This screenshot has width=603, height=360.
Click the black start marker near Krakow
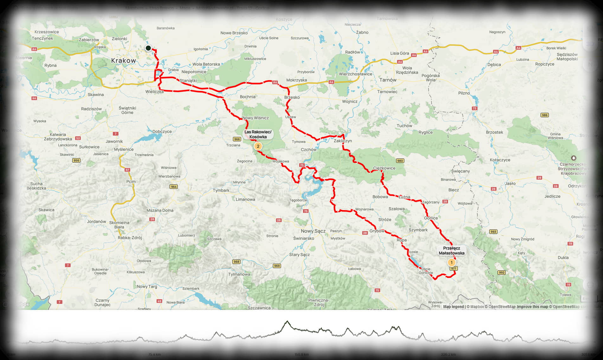point(148,48)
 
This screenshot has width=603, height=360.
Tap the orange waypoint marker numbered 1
point(451,262)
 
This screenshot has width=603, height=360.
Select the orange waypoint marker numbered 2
point(258,146)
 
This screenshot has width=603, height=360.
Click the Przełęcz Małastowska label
point(452,251)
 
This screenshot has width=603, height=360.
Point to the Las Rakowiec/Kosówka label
point(258,134)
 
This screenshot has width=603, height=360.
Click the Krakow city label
point(123,61)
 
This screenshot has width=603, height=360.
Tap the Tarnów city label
point(388,80)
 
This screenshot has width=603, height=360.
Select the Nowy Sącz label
point(313,231)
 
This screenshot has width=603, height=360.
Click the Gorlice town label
point(431,218)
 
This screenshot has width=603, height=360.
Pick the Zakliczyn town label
point(343,141)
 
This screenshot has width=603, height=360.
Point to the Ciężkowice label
point(384,168)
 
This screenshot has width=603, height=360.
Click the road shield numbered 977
point(453,268)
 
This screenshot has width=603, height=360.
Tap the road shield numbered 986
point(544,115)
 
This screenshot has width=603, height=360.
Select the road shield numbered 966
point(237,139)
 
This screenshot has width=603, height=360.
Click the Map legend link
point(453,306)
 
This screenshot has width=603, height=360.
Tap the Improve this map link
point(532,306)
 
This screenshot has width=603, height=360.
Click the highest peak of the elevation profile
point(287,321)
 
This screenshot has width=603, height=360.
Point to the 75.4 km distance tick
point(154,354)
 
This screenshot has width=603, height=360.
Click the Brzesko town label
point(292,97)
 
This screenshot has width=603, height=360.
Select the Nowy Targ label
point(147,286)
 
